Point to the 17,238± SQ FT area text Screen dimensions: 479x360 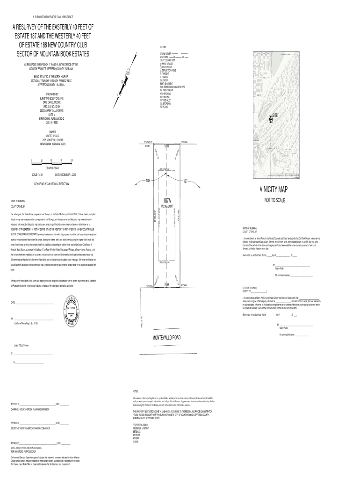click(167, 206)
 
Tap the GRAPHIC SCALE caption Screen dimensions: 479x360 click(52, 167)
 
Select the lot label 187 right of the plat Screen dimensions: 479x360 click(185, 181)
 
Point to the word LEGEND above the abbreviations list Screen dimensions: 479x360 click(163, 47)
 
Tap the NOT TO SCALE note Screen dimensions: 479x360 click(280, 200)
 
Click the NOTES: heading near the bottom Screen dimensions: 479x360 click(136, 391)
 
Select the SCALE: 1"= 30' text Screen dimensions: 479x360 click(37, 174)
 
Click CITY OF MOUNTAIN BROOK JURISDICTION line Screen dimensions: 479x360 click(52, 184)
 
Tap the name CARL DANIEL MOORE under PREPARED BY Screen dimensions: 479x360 click(52, 103)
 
